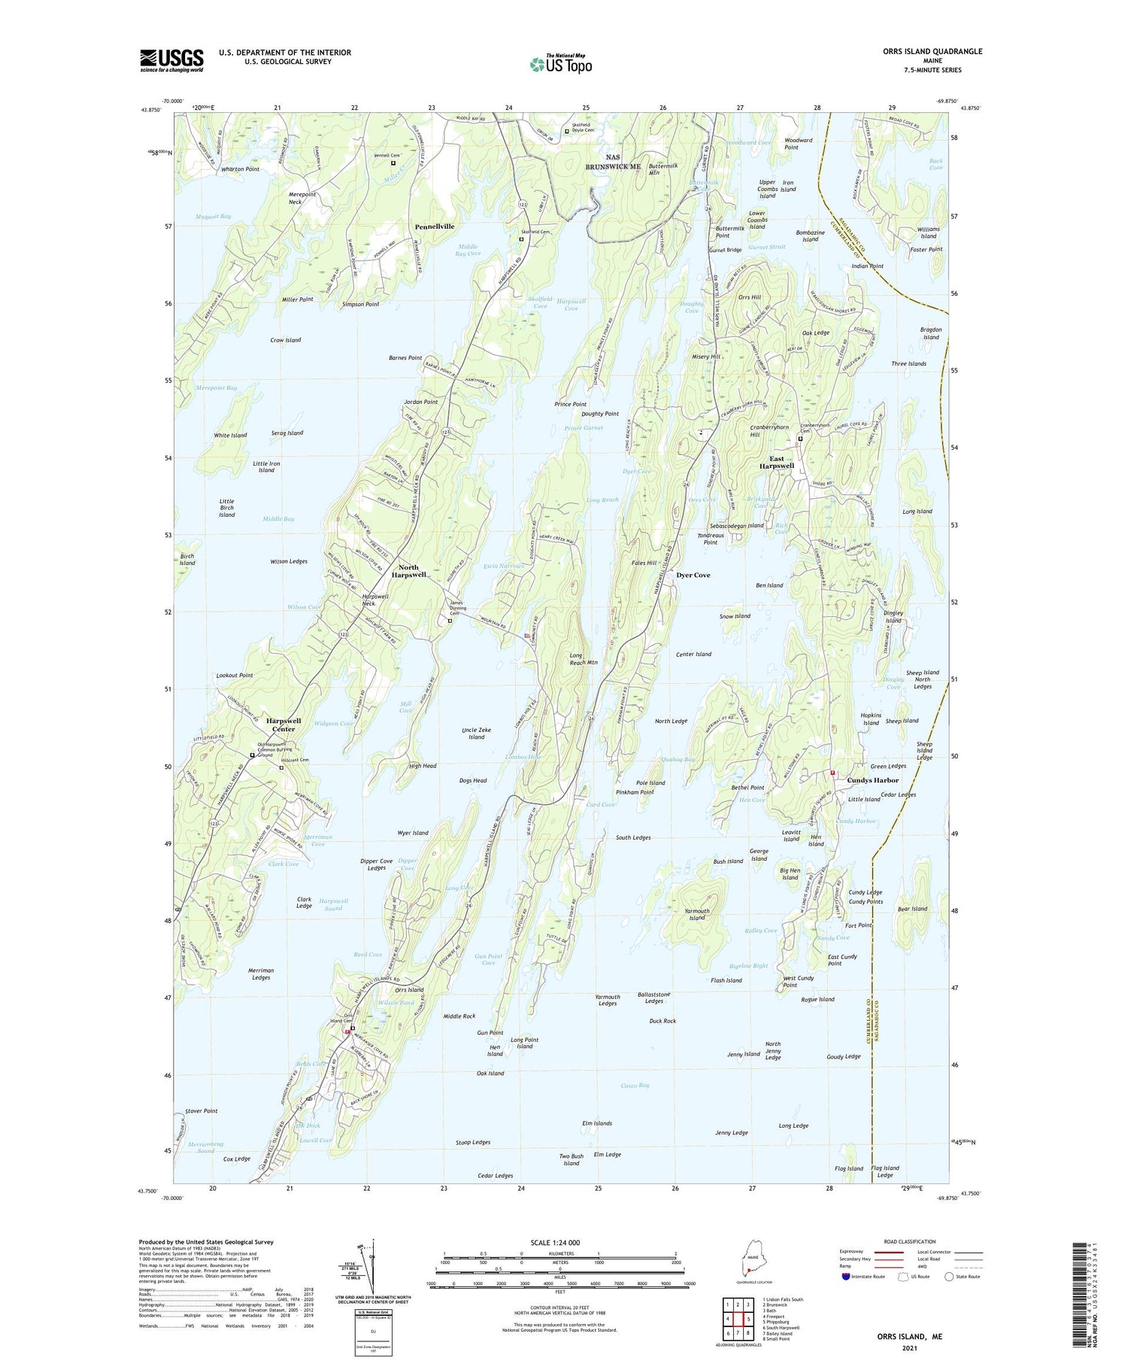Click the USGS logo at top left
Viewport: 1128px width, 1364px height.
coord(171,60)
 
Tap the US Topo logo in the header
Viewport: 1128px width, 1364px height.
coord(560,65)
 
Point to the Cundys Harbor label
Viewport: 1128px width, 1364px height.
coord(872,780)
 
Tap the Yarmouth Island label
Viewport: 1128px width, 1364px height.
coord(697,914)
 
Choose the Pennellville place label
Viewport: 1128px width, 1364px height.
coord(435,226)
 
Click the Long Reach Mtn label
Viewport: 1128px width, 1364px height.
coord(583,659)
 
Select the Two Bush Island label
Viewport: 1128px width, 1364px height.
coord(571,1159)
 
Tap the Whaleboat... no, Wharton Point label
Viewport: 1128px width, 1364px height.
coord(240,169)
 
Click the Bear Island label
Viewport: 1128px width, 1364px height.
coord(912,909)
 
